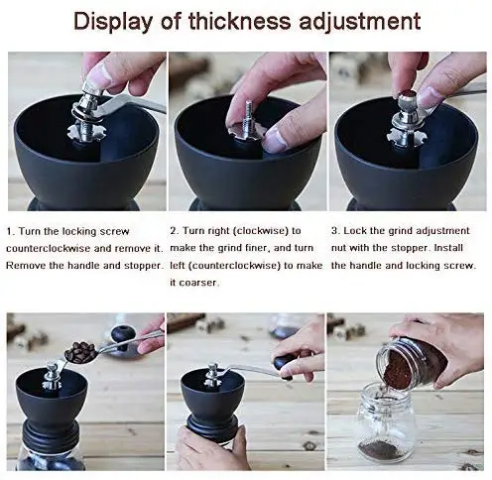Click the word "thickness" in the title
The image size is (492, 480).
[x=239, y=21]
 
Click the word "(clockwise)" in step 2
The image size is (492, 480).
[x=261, y=231]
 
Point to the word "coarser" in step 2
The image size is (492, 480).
[x=198, y=283]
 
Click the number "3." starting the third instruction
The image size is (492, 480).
[x=335, y=231]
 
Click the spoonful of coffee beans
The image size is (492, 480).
[x=79, y=352]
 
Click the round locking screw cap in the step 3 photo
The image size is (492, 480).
[x=408, y=98]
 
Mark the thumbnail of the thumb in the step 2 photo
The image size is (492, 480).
[x=276, y=141]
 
